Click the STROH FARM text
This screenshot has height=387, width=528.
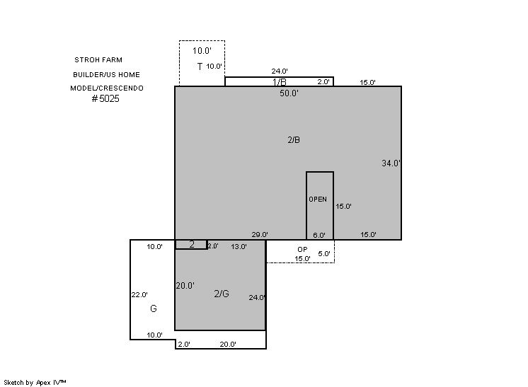click(98, 60)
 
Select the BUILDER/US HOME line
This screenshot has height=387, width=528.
click(106, 75)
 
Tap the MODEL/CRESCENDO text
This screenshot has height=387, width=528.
click(107, 88)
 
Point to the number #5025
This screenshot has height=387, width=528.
click(105, 98)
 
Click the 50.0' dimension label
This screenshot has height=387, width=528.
click(289, 93)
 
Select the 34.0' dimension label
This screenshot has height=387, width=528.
click(391, 163)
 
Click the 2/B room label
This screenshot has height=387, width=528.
click(294, 140)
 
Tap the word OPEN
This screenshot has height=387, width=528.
click(318, 200)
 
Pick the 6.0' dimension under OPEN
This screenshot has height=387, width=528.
click(319, 235)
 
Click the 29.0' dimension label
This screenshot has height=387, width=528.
click(260, 235)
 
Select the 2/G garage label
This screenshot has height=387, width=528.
click(222, 294)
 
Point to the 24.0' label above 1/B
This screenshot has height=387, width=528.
click(280, 71)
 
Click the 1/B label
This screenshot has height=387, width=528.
click(280, 82)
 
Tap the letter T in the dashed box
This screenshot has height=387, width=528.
click(200, 67)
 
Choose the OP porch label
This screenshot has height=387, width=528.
click(302, 249)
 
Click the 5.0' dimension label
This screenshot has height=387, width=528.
click(324, 254)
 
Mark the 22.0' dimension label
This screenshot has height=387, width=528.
click(139, 295)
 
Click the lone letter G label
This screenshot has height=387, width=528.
click(154, 308)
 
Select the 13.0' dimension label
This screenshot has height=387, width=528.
click(239, 247)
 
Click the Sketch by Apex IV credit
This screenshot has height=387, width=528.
click(35, 383)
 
